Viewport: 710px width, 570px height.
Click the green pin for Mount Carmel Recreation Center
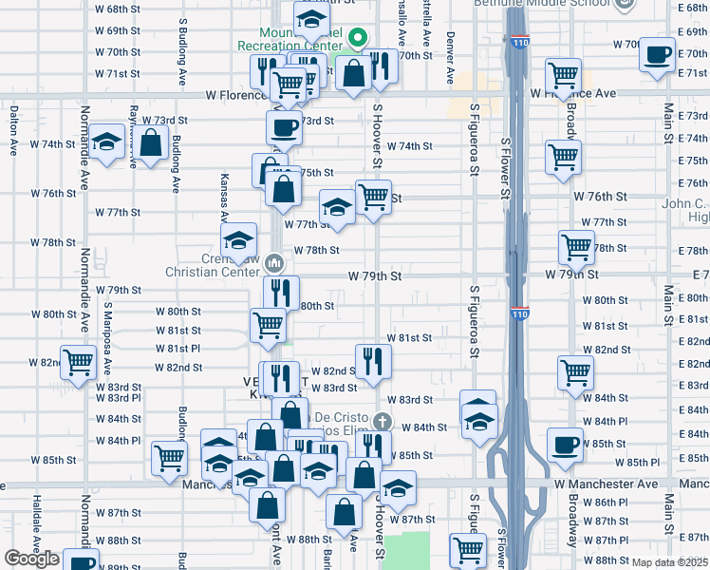[358, 39]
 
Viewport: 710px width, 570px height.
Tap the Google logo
[31, 559]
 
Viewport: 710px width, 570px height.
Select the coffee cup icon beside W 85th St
[567, 444]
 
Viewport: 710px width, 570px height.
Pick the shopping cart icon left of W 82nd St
[78, 362]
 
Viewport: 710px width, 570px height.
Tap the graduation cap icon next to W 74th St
[106, 142]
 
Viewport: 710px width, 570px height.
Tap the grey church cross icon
[382, 421]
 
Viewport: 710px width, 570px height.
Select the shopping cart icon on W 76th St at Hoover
[373, 197]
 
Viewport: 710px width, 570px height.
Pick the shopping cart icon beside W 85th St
[170, 458]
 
